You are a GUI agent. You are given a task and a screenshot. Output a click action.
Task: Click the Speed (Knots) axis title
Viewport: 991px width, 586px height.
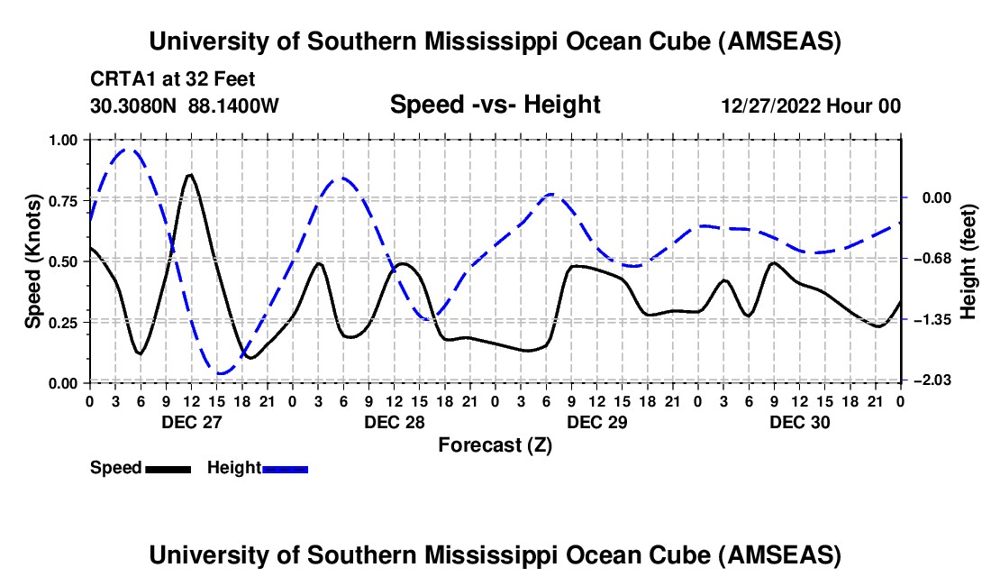(33, 261)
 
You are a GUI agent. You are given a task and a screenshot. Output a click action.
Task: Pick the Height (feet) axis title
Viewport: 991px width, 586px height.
(968, 261)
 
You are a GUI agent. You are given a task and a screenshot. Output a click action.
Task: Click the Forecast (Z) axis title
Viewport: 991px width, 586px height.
(495, 444)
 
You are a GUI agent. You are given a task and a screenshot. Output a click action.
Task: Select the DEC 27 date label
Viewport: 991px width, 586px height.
(191, 422)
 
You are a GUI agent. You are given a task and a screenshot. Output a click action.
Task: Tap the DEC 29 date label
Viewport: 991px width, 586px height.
(596, 422)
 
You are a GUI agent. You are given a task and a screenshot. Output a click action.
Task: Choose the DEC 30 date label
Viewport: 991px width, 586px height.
(799, 422)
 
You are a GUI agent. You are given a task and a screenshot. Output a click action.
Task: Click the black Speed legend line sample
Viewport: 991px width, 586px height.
(168, 469)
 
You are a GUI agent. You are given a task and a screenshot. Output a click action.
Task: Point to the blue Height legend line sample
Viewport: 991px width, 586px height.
(285, 469)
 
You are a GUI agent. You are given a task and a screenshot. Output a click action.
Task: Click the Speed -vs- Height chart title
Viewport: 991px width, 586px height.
(495, 105)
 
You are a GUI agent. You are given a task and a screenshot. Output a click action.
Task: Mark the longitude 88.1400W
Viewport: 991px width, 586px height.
(234, 105)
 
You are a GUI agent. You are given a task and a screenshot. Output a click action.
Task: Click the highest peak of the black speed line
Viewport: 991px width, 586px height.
(189, 175)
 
